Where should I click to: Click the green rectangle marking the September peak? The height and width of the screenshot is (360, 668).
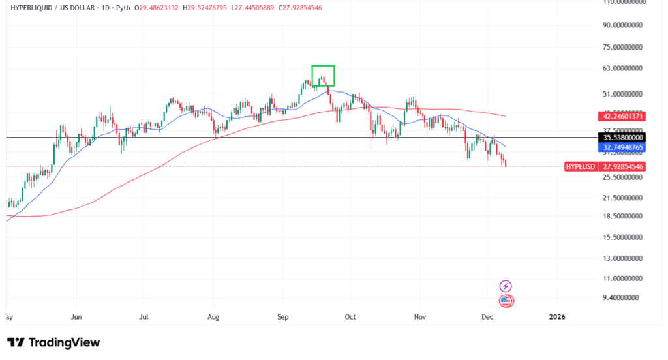point(323,76)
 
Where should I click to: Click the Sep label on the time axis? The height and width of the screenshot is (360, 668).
point(282,317)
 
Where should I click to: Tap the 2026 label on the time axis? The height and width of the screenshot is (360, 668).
point(557,317)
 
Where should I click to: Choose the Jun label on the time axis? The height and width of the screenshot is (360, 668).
point(76,317)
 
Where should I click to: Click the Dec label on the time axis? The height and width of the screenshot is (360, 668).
point(487,317)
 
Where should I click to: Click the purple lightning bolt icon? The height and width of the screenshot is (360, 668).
point(506,286)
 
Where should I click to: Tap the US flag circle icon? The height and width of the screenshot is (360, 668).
point(506,301)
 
